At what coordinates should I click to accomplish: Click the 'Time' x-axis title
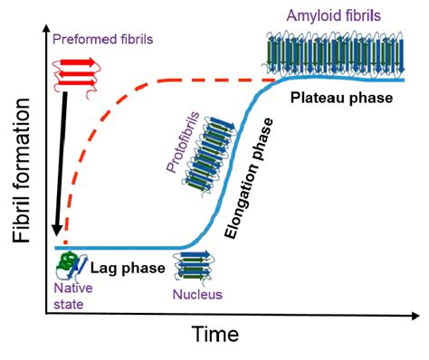point(215,335)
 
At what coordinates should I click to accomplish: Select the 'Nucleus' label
point(196,295)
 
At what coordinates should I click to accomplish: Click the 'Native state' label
point(67,298)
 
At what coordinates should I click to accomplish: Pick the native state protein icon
point(67,265)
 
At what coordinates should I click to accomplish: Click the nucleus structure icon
point(195,267)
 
